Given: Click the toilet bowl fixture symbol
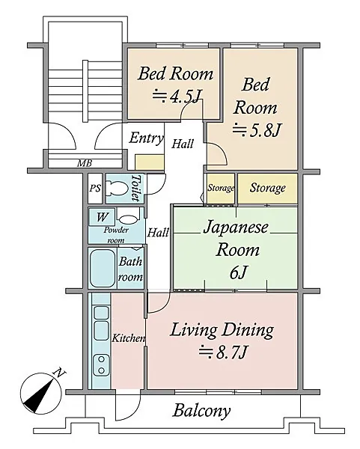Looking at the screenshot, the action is point(117,189).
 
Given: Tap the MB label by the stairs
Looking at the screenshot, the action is point(85,163).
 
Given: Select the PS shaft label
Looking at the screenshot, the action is point(95,188).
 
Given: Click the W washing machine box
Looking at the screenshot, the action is point(102,217).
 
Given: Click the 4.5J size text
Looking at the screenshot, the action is point(176,97).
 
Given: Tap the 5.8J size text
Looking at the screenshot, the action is point(255,130).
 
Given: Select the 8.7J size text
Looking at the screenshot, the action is point(223,352).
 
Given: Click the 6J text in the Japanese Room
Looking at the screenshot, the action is point(238,272).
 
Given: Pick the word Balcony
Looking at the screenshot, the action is point(201,411).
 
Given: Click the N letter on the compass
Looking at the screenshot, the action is point(60,373).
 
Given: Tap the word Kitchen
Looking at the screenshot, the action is point(129,338).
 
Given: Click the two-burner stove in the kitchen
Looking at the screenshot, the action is point(101,365).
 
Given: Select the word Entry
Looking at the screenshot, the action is point(146,138).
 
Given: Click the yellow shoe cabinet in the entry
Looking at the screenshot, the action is point(149,162).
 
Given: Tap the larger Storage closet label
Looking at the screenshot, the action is point(267,188).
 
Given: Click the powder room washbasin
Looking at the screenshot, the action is point(128,219).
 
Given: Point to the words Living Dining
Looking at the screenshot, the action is point(222,330).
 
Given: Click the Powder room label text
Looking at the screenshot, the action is point(116,235).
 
